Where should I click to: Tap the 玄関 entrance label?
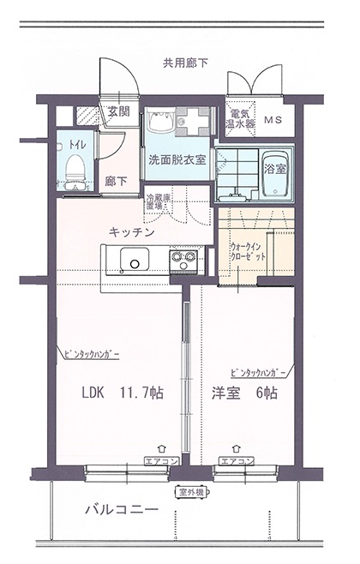[118, 111]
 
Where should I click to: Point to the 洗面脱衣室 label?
[176, 159]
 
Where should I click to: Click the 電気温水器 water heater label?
[238, 119]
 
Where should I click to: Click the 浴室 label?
[275, 165]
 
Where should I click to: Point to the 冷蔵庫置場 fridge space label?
[155, 203]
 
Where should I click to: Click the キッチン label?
[131, 231]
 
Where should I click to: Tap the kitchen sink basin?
[135, 258]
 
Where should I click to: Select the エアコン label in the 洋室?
[237, 461]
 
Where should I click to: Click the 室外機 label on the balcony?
[191, 492]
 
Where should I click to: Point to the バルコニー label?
[121, 511]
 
